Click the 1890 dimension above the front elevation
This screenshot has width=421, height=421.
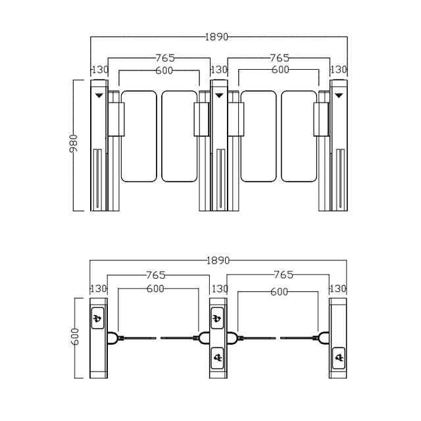point(216,37)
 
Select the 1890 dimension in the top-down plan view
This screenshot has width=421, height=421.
point(218,260)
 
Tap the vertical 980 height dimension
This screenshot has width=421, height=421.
point(73,143)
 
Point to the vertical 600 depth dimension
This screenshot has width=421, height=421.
point(74,336)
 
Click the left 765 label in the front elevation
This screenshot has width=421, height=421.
point(165,58)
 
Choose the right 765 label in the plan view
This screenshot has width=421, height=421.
point(284,275)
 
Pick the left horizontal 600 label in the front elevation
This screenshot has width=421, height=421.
point(164,70)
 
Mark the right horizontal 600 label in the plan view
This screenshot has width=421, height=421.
point(279,291)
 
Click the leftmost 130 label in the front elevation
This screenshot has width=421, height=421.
point(100,70)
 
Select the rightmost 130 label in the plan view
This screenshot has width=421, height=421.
point(337,289)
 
